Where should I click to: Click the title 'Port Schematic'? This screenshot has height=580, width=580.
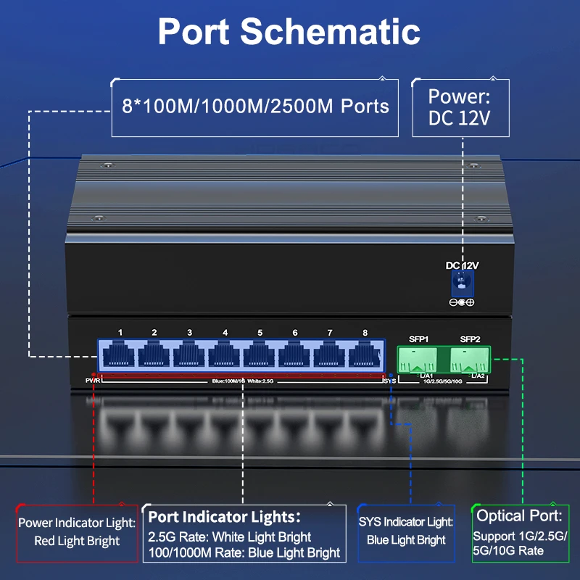click(x=289, y=31)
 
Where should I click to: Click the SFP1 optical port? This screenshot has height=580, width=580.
click(x=419, y=358)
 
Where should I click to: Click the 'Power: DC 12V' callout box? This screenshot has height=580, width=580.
click(x=460, y=107)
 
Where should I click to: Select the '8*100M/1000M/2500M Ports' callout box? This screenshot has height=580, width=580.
click(x=254, y=107)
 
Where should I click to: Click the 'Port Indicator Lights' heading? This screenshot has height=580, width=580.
click(x=225, y=517)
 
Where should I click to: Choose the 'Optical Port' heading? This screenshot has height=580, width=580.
click(x=519, y=515)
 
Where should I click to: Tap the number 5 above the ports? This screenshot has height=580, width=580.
click(x=260, y=333)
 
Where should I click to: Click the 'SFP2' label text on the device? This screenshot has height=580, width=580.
click(x=471, y=339)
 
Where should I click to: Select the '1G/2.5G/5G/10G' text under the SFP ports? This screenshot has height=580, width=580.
click(x=443, y=381)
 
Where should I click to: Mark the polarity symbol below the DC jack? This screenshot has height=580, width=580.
click(x=461, y=302)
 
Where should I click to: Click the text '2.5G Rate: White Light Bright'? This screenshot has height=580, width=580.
click(x=230, y=536)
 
